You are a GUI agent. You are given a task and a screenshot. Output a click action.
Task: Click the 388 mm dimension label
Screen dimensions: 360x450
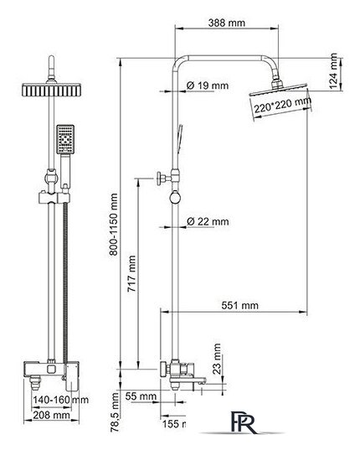tap(226, 23)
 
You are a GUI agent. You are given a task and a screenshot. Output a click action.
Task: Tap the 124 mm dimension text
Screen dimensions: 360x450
tap(333, 71)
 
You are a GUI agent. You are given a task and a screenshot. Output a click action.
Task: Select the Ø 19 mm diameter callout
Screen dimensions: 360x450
tap(208, 85)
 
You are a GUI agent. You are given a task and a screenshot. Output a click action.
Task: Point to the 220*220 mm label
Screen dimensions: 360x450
tap(282, 106)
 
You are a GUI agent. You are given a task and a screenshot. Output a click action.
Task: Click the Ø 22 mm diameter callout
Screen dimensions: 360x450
tap(208, 221)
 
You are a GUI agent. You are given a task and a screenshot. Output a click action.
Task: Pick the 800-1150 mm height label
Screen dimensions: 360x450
tap(114, 224)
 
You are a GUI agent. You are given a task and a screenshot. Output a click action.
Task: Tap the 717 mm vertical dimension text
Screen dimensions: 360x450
tap(131, 274)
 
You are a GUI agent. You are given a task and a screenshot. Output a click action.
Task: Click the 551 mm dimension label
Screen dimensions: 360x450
tap(239, 305)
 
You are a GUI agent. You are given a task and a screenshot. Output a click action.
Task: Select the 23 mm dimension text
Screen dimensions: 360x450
tap(217, 359)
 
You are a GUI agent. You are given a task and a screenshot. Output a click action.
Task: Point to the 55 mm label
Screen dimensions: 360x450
tap(141, 396)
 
